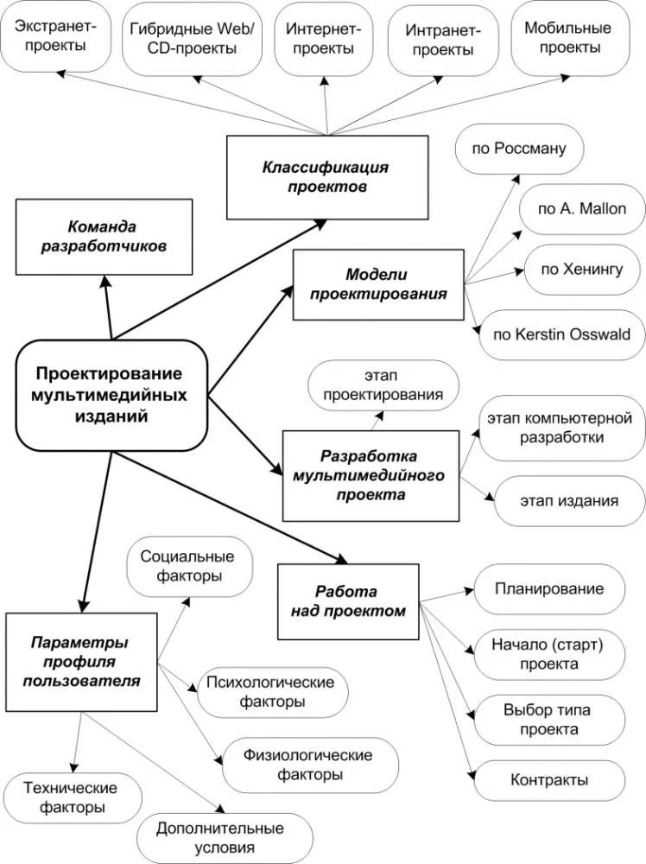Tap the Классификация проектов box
(327, 176)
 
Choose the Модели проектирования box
(377, 283)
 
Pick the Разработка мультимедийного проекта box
(370, 475)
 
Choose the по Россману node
(518, 149)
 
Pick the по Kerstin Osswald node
(562, 334)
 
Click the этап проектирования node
(384, 386)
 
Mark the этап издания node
(568, 499)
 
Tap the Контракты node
(548, 779)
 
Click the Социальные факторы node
(189, 565)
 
